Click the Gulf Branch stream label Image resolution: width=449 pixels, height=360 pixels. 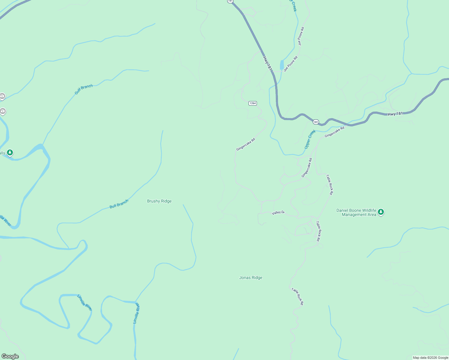[x=84, y=89]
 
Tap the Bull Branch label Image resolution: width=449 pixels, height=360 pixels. [x=119, y=204]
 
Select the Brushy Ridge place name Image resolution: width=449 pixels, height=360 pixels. [x=159, y=201]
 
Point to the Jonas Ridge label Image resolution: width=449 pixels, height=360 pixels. [x=251, y=278]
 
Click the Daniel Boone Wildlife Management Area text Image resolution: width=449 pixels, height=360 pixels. [x=356, y=212]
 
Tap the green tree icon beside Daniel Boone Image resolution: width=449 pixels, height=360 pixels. [x=381, y=212]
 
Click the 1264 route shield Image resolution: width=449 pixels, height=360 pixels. [x=253, y=103]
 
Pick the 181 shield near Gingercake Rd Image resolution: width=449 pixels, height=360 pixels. [x=315, y=122]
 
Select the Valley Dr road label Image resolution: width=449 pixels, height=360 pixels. [x=278, y=213]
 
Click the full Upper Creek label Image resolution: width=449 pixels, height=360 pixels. [x=310, y=139]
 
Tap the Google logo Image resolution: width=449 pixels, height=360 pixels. [x=10, y=356]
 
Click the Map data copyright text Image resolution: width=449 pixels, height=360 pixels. [x=430, y=358]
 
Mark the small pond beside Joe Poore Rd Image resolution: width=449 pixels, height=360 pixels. [x=282, y=65]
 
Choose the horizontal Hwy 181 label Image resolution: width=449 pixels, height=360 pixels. [x=395, y=114]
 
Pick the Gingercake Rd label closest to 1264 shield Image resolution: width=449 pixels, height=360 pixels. [x=246, y=144]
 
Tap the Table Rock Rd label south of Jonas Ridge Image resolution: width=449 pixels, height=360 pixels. [x=297, y=296]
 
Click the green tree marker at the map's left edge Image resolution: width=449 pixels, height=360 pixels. [x=10, y=153]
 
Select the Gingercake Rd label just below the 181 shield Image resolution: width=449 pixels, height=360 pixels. [x=334, y=132]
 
